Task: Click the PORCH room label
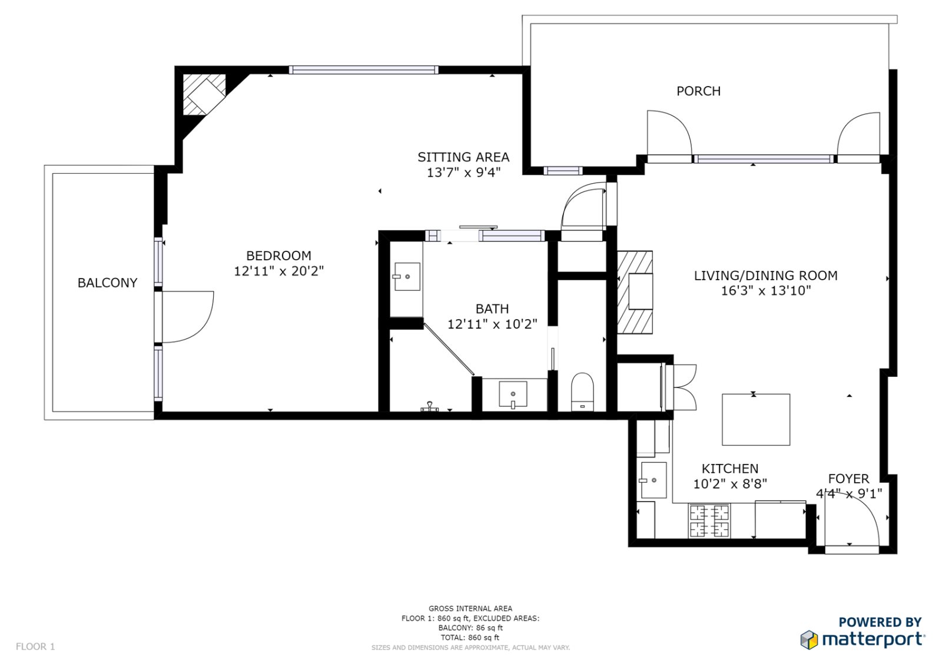[x=698, y=91]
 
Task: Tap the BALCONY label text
[x=107, y=283]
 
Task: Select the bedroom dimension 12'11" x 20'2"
[x=278, y=271]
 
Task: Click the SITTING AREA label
[x=463, y=157]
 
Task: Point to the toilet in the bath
[x=582, y=392]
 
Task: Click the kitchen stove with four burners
[x=709, y=521]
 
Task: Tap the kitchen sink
[x=653, y=480]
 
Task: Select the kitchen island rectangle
[x=756, y=420]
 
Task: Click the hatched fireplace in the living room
[x=635, y=292]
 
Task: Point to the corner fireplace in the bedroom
[x=203, y=94]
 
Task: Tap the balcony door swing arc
[x=188, y=317]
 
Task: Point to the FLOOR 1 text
[x=35, y=647]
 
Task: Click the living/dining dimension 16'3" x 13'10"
[x=765, y=290]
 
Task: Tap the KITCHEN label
[x=729, y=469]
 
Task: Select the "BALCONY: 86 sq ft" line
[x=470, y=628]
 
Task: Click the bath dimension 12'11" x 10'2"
[x=492, y=324]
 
